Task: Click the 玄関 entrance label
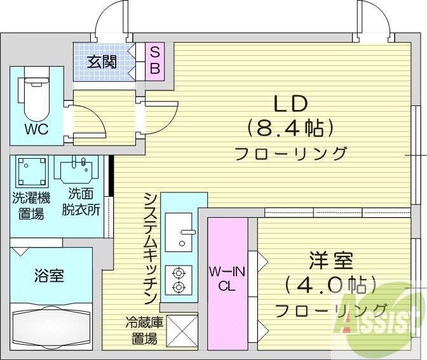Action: click(x=102, y=62)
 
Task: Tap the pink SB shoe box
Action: click(x=154, y=60)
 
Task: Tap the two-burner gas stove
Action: click(x=179, y=281)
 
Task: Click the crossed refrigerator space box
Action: click(x=181, y=331)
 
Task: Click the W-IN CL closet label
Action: click(x=227, y=279)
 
